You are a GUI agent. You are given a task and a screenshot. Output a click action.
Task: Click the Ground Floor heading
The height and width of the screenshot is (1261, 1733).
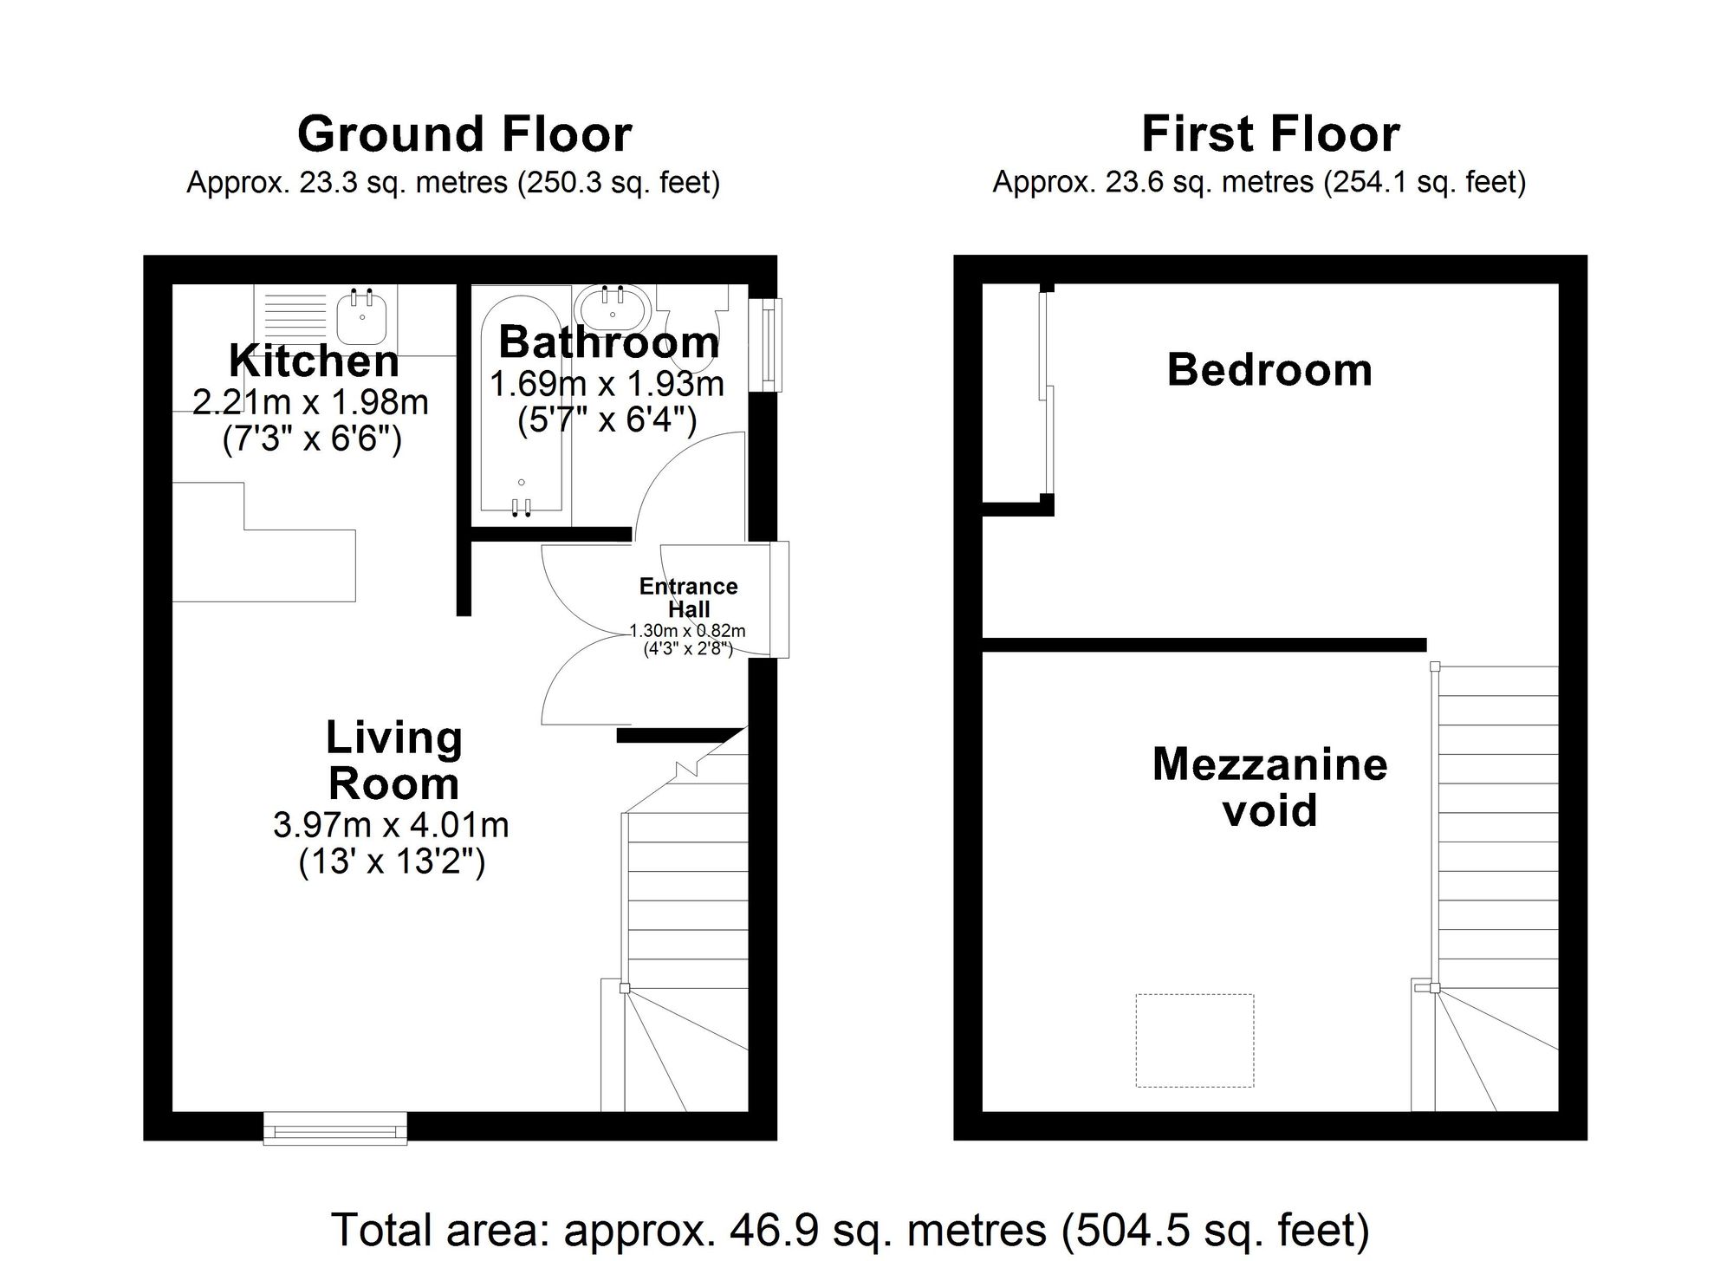pos(464,134)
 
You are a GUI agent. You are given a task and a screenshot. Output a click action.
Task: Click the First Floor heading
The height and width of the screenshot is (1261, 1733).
pos(1270,134)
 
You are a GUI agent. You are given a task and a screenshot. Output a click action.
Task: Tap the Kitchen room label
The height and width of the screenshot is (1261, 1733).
pos(314,361)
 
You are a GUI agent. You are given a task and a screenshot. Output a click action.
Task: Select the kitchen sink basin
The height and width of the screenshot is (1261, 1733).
pos(363,317)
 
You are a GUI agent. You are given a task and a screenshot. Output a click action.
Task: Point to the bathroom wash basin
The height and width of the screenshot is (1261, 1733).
pos(613,305)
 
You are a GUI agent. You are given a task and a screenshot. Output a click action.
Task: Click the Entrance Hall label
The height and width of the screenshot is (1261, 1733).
pos(688,598)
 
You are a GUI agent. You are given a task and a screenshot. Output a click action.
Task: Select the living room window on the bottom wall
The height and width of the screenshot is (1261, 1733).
pos(334,1129)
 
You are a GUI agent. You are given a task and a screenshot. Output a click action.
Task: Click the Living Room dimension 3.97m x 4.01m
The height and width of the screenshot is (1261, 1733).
pos(391,826)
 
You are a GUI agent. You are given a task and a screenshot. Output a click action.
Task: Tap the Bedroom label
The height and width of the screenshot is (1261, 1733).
pos(1269,370)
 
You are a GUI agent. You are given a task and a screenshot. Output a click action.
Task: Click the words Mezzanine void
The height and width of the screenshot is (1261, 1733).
pos(1269,787)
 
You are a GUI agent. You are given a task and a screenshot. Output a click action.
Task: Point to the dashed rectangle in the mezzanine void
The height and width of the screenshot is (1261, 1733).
pos(1194,1040)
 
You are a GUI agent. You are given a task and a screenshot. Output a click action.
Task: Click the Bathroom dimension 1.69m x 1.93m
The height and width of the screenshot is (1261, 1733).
pos(607,384)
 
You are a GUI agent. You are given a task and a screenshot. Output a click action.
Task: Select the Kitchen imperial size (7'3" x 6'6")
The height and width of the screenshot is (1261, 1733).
pos(312,440)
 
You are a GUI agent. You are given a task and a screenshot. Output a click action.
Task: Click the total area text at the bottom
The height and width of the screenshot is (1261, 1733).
pos(850,1230)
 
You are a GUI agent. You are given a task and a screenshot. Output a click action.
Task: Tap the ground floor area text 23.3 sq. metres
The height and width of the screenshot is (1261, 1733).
pos(453,183)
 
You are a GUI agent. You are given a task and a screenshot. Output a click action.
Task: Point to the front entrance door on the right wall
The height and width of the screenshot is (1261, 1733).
pos(780,600)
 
